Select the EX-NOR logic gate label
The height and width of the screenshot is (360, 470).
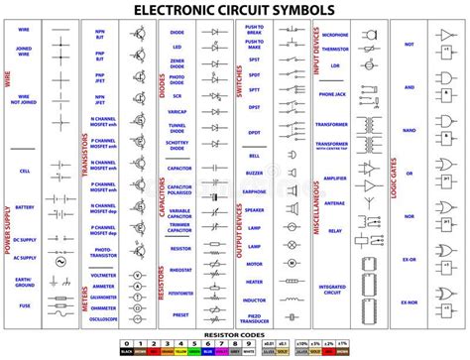click(409, 301)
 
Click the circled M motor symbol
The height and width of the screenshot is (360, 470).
click(294, 264)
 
